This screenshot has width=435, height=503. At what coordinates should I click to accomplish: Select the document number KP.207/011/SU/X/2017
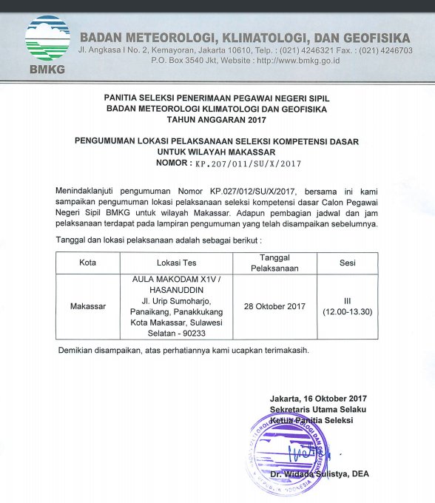(247, 163)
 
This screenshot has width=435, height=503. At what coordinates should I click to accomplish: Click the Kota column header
(87, 263)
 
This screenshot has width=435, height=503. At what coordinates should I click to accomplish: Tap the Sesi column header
(347, 263)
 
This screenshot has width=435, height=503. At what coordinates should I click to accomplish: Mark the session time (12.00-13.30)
(347, 311)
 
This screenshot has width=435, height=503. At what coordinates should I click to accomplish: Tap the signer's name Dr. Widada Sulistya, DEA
(319, 473)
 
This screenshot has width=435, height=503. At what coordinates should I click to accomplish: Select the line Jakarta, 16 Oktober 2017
(319, 399)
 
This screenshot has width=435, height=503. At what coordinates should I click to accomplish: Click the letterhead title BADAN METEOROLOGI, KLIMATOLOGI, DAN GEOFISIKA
(245, 37)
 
